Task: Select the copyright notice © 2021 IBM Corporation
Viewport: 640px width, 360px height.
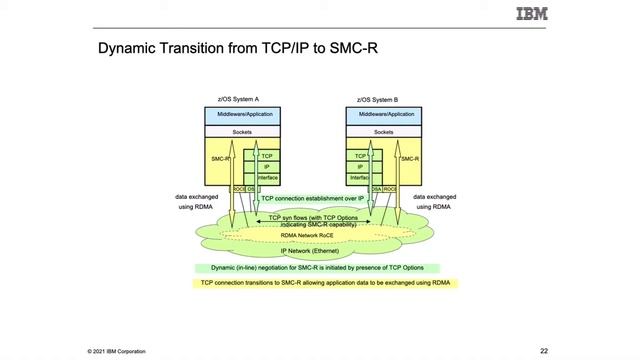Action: click(x=116, y=351)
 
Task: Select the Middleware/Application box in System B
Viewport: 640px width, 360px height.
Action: click(x=383, y=115)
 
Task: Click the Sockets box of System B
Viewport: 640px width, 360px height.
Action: click(x=383, y=131)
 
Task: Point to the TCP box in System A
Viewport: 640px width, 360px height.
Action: click(x=267, y=156)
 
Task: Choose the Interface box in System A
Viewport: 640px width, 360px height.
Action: click(x=267, y=177)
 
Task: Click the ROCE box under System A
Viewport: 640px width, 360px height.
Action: click(x=239, y=189)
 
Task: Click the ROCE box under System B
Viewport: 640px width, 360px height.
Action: click(x=390, y=189)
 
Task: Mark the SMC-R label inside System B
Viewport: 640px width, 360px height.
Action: click(x=409, y=158)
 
